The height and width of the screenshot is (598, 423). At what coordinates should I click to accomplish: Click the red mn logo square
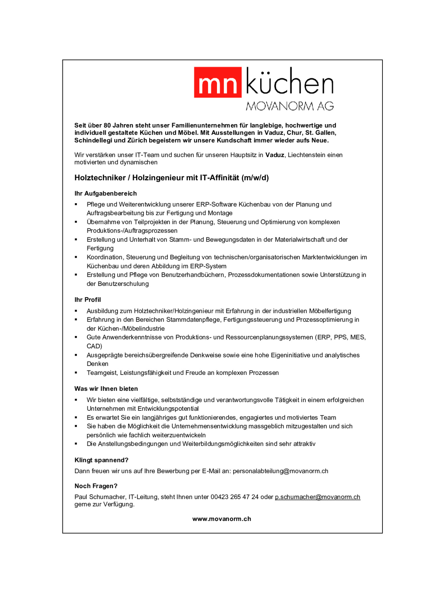click(217, 82)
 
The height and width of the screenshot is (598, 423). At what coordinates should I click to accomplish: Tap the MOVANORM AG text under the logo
click(289, 106)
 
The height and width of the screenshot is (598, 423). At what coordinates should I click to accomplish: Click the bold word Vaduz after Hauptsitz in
click(275, 155)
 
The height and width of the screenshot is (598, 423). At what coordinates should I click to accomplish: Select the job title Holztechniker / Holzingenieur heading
click(172, 178)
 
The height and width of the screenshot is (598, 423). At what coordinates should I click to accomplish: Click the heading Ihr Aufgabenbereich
click(105, 193)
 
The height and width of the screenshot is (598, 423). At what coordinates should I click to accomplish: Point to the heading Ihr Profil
click(87, 300)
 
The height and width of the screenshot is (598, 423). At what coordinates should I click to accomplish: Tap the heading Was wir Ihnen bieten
click(106, 388)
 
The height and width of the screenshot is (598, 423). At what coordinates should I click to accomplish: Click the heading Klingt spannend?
click(101, 460)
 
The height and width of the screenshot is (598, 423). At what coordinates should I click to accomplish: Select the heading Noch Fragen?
click(96, 486)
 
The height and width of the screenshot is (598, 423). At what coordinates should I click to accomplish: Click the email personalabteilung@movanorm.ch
click(280, 471)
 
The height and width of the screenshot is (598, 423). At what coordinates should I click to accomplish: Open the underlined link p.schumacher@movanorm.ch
click(317, 497)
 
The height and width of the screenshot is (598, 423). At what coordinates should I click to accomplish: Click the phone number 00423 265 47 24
click(234, 497)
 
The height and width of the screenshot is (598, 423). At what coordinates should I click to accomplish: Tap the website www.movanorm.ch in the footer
click(222, 519)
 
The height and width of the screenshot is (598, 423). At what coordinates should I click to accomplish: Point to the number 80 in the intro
click(107, 125)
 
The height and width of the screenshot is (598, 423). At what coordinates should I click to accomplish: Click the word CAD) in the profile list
click(94, 346)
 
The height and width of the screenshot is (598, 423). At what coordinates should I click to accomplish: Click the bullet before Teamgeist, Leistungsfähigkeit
click(76, 373)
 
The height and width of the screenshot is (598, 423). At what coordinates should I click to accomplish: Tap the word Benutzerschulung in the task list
click(123, 284)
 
